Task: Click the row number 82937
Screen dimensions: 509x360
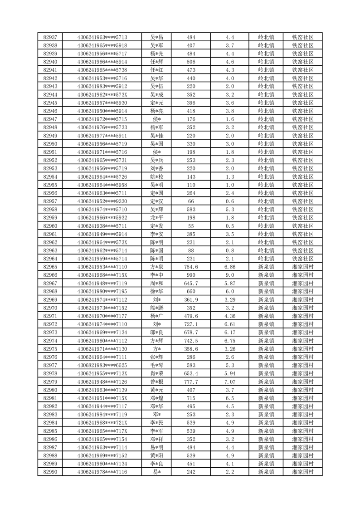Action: click(50, 37)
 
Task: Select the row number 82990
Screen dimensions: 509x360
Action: click(50, 472)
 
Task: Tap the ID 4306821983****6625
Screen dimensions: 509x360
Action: click(102, 365)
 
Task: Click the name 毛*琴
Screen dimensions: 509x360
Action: click(157, 365)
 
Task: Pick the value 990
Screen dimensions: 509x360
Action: click(191, 275)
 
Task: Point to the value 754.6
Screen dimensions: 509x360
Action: click(191, 267)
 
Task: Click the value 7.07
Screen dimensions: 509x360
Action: click(229, 382)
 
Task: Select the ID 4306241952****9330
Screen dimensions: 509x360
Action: click(102, 201)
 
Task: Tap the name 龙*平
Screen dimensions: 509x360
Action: click(157, 217)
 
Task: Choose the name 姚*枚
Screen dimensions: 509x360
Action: click(157, 176)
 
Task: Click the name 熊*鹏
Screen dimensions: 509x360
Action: click(157, 308)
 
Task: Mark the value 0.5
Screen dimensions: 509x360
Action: click(229, 226)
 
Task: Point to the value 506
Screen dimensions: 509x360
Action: click(191, 62)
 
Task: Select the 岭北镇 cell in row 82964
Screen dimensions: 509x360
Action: click(266, 259)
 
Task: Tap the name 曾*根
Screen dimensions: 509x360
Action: click(157, 382)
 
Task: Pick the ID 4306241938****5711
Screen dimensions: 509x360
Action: click(102, 226)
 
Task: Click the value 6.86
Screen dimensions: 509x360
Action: click(229, 267)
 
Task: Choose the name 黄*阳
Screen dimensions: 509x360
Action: click(157, 455)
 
